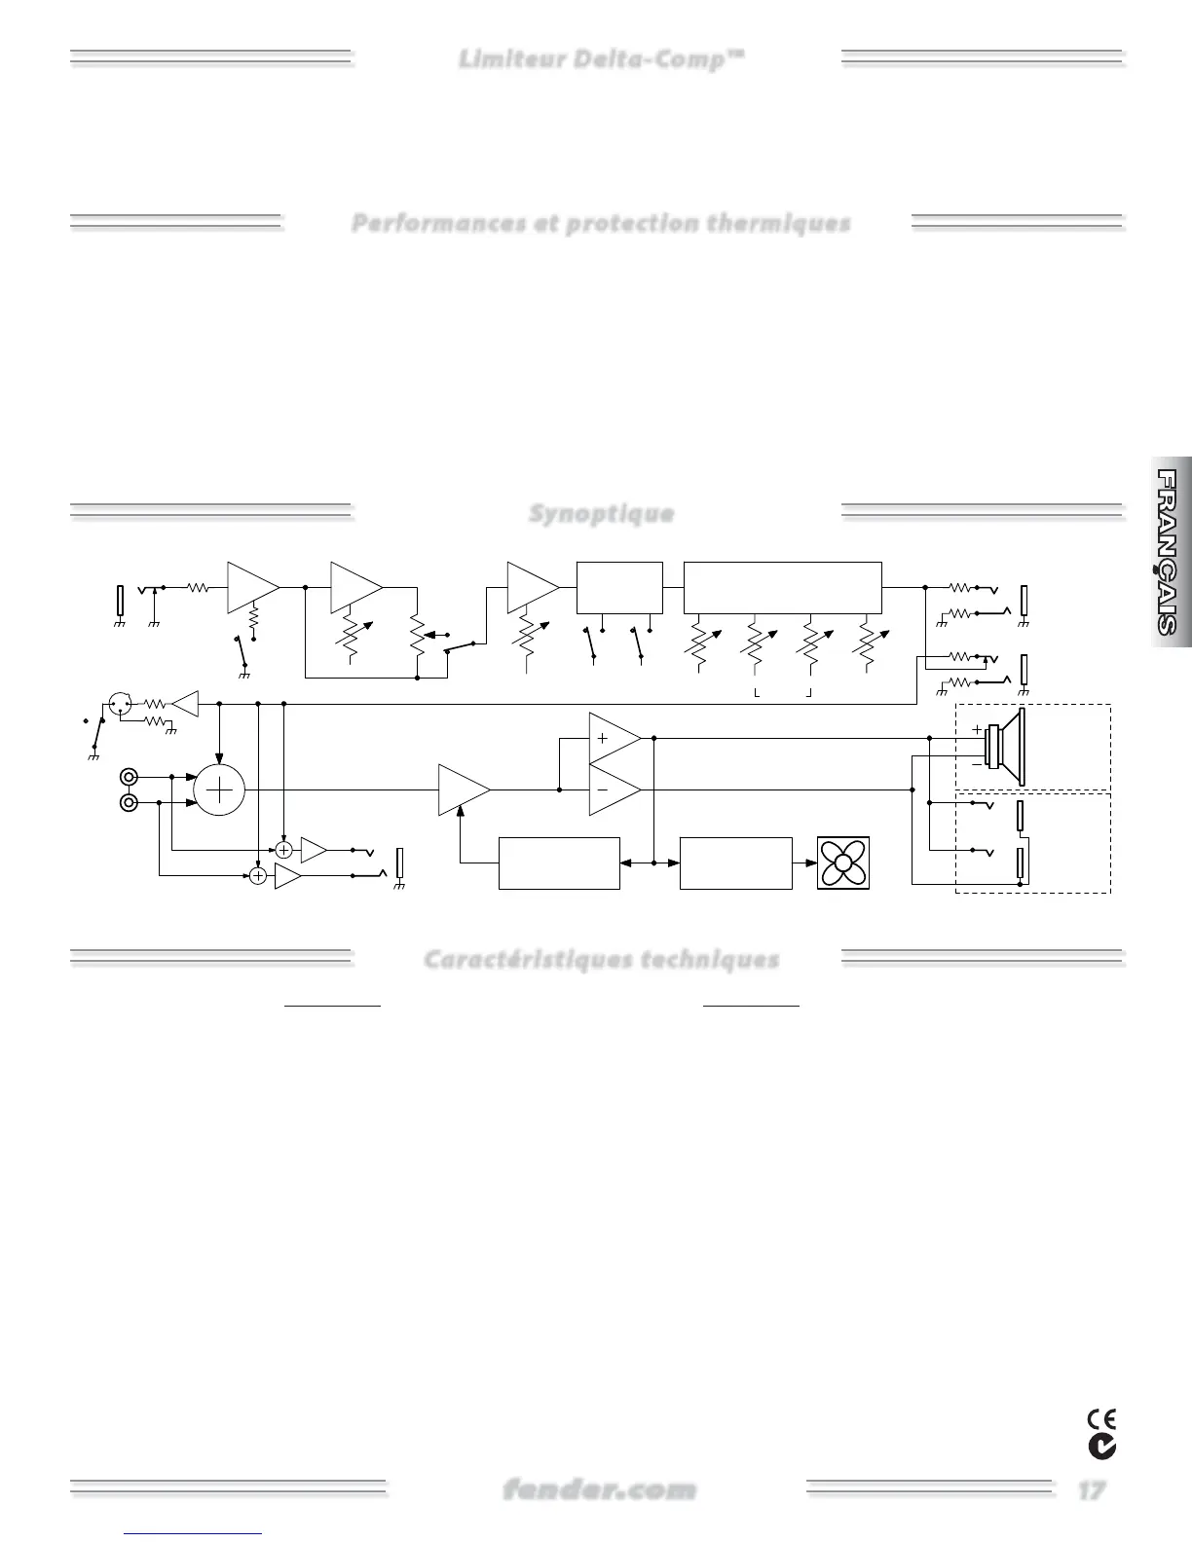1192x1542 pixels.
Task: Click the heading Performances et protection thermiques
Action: point(601,223)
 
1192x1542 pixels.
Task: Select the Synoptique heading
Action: point(601,513)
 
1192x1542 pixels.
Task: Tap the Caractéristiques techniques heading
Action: point(601,960)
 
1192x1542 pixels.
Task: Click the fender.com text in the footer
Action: point(600,1489)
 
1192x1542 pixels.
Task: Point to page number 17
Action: point(1091,1489)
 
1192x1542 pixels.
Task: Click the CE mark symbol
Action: point(1102,1418)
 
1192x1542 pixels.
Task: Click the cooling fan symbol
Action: point(843,863)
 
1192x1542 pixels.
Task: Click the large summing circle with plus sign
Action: point(220,789)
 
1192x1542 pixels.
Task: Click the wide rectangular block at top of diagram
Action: point(782,588)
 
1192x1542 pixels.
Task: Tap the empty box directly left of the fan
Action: point(735,863)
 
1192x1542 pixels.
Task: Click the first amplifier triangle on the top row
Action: point(251,587)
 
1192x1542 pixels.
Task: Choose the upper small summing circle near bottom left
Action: point(284,850)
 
